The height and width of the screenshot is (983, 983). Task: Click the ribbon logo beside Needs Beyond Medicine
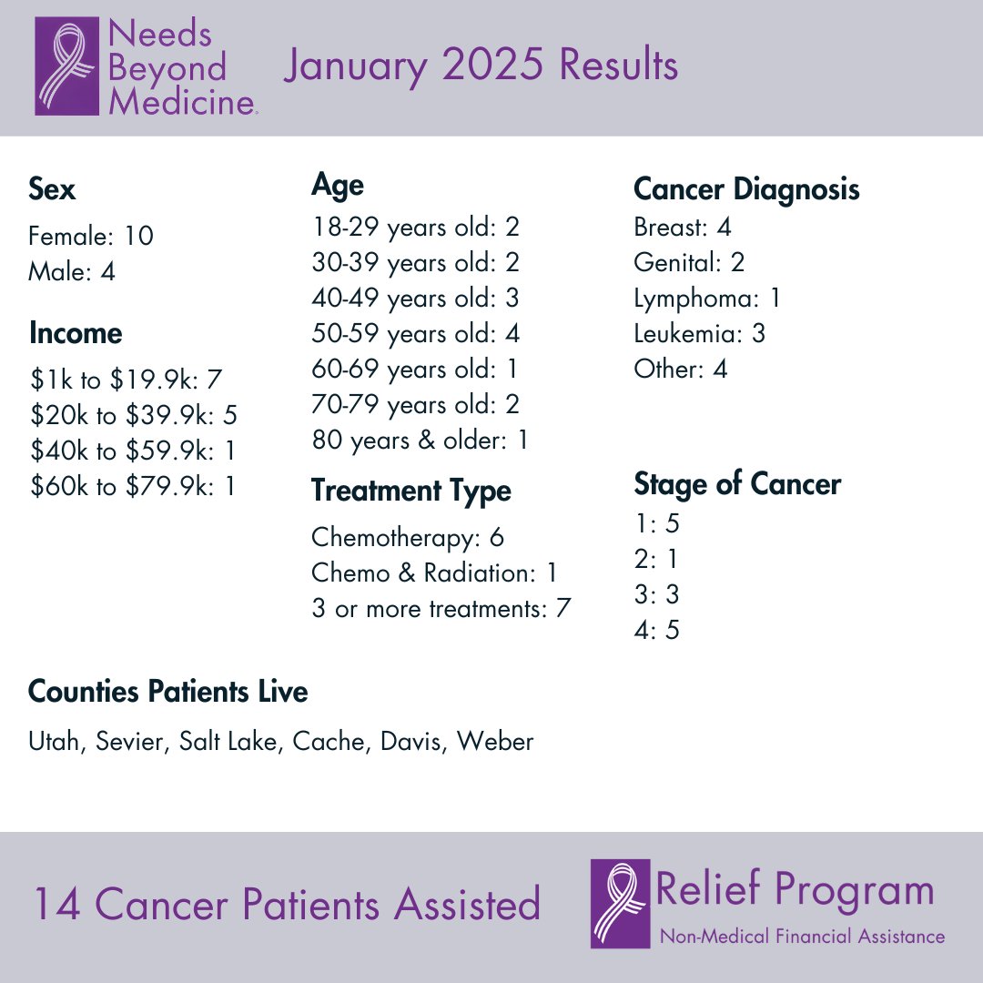click(x=66, y=67)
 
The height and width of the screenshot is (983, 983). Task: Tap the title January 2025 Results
click(x=480, y=66)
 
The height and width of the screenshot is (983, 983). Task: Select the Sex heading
click(x=52, y=190)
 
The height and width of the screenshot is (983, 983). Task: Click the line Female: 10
click(x=91, y=237)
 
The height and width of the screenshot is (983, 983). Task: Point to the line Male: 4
click(x=72, y=271)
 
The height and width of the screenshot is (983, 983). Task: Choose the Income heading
click(x=75, y=333)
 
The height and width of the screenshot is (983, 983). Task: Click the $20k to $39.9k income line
click(x=133, y=416)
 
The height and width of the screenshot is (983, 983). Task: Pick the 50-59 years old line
click(x=415, y=333)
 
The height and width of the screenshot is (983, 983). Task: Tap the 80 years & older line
click(x=420, y=441)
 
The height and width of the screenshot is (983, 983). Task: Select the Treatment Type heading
click(x=410, y=491)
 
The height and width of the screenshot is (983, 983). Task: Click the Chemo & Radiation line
click(x=434, y=573)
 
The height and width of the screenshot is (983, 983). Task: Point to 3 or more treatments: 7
click(x=441, y=609)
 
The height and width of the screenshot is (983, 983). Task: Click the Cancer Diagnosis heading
click(x=746, y=189)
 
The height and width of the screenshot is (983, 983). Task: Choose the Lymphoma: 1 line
click(x=706, y=299)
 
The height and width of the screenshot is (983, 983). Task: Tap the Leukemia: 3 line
click(x=699, y=334)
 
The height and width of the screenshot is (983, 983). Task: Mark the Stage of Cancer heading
click(x=736, y=484)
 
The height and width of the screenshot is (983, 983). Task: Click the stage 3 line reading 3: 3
click(x=656, y=595)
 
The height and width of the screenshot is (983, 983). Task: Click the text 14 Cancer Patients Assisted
click(x=287, y=905)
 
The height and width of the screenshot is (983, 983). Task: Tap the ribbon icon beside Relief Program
click(x=620, y=903)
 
